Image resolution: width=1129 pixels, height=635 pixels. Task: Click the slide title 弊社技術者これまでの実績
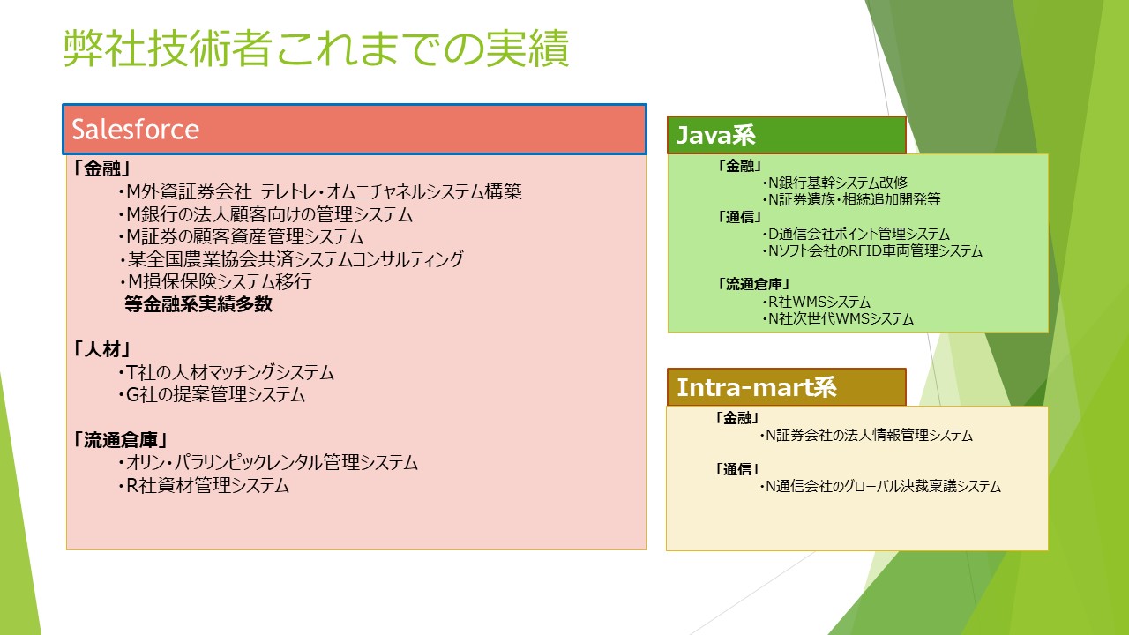point(316,49)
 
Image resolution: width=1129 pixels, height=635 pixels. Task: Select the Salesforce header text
point(136,130)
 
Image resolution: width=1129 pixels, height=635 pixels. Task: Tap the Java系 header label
point(715,135)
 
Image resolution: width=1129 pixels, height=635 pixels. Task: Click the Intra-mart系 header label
point(757,387)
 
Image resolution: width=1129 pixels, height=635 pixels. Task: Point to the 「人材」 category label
point(102,349)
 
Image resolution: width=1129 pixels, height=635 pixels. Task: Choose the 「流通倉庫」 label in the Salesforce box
point(121,440)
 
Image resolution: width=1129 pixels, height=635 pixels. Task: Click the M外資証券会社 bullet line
point(320,191)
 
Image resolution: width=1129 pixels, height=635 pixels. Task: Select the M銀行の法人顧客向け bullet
point(265,214)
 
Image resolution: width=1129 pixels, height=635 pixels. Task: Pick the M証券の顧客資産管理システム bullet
point(241,237)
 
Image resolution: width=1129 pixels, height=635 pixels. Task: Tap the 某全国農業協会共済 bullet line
point(291,259)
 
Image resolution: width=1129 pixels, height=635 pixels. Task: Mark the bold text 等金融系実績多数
point(198,304)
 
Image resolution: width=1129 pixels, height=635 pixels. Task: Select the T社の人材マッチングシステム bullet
point(226,372)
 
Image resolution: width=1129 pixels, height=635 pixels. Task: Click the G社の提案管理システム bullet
point(211,394)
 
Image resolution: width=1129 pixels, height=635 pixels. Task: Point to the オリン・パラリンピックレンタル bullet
point(268,463)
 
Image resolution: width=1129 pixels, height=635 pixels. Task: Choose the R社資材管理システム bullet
point(204,485)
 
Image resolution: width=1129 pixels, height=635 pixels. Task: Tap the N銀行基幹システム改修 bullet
point(834,183)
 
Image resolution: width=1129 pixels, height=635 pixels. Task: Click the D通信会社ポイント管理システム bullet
point(856,234)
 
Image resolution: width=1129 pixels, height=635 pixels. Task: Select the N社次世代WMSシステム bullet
point(838,318)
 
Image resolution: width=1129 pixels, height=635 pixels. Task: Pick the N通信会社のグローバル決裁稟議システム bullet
point(880,486)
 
